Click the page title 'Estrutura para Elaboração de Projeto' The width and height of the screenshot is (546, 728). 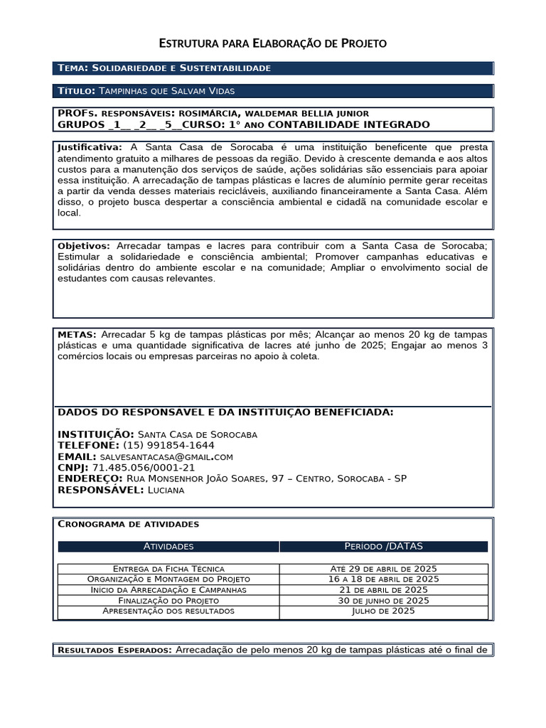(x=272, y=44)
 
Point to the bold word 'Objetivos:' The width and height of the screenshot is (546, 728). (x=83, y=245)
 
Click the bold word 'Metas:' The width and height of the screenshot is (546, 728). (x=77, y=334)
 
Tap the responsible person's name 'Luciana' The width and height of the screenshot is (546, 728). (x=167, y=490)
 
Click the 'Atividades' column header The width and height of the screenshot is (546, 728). (x=168, y=547)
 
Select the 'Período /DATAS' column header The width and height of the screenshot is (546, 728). (x=383, y=547)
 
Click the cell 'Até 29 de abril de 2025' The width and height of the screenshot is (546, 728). (x=383, y=569)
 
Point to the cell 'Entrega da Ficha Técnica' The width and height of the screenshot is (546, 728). (x=168, y=569)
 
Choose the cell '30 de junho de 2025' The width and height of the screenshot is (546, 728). (x=383, y=600)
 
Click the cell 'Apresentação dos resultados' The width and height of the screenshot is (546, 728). (x=168, y=611)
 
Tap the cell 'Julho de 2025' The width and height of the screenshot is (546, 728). (x=383, y=611)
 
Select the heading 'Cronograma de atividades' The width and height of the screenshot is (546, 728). (x=128, y=524)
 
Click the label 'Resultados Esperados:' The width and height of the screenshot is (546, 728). (x=114, y=650)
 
